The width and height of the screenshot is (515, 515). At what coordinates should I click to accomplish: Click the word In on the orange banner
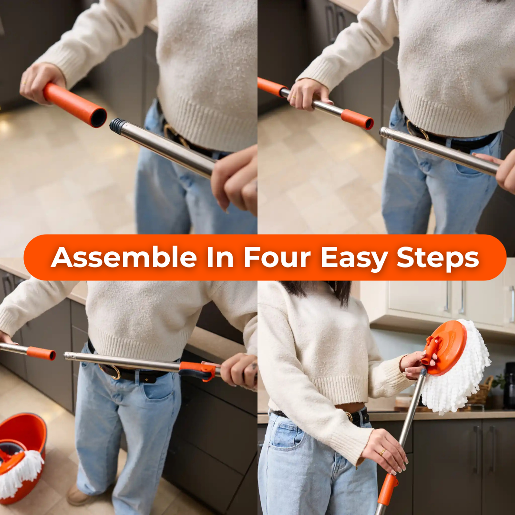220,258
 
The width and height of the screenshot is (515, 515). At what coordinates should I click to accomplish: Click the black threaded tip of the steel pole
117,126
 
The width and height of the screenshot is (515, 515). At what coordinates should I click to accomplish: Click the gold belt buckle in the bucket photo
114,372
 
